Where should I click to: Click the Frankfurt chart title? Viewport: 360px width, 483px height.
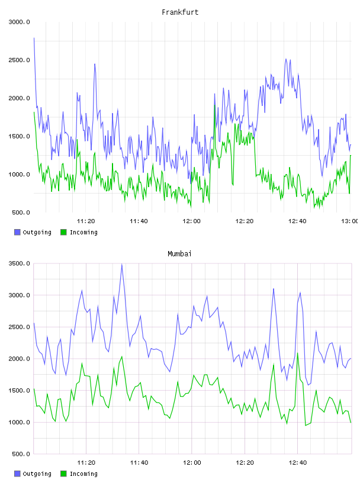[x=180, y=12]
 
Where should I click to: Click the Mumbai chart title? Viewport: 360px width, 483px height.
[x=179, y=254]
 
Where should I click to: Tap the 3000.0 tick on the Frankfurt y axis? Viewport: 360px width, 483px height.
[x=19, y=22]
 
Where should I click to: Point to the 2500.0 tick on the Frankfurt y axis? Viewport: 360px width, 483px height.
[x=19, y=60]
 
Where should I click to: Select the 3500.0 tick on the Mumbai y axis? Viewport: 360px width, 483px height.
[x=19, y=263]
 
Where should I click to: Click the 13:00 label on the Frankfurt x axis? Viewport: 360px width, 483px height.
[x=351, y=221]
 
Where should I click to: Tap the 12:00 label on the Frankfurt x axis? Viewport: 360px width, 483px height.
[x=191, y=221]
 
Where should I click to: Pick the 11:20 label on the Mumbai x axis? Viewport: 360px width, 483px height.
[x=86, y=462]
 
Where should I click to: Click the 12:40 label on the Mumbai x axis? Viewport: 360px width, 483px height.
[x=297, y=462]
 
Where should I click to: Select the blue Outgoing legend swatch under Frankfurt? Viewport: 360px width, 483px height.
[x=17, y=232]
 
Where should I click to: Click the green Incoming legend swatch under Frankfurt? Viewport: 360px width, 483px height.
[x=63, y=232]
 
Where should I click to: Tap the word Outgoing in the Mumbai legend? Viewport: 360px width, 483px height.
[x=37, y=474]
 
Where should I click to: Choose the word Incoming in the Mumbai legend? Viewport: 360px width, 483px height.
[x=83, y=474]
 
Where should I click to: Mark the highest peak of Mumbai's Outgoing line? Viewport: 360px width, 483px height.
[x=122, y=264]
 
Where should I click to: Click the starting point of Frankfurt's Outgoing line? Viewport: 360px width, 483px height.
[x=34, y=38]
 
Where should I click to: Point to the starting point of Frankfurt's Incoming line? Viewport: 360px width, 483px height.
[x=34, y=112]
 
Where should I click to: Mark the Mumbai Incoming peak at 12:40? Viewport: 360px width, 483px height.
[x=297, y=353]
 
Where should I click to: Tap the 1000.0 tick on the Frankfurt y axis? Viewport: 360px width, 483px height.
[x=19, y=175]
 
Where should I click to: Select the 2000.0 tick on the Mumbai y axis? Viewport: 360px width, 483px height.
[x=19, y=359]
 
